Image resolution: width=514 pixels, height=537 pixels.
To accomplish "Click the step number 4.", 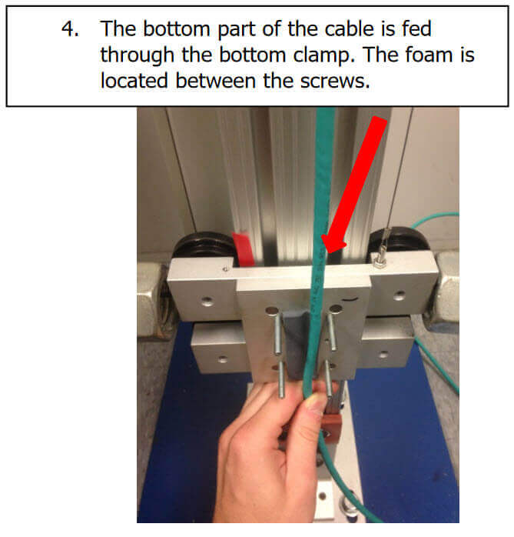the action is (70, 28).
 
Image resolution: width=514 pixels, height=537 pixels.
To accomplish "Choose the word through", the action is (137, 55).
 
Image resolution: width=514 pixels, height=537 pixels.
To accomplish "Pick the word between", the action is (215, 81).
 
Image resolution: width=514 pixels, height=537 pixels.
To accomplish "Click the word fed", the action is (416, 28).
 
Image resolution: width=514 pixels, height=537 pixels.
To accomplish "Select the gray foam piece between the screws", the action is (296, 339).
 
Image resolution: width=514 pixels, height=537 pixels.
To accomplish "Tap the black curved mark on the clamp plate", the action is (351, 300).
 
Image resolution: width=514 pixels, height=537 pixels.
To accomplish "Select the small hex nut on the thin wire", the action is (380, 262).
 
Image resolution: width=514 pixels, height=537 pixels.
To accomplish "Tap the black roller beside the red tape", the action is (205, 247).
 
